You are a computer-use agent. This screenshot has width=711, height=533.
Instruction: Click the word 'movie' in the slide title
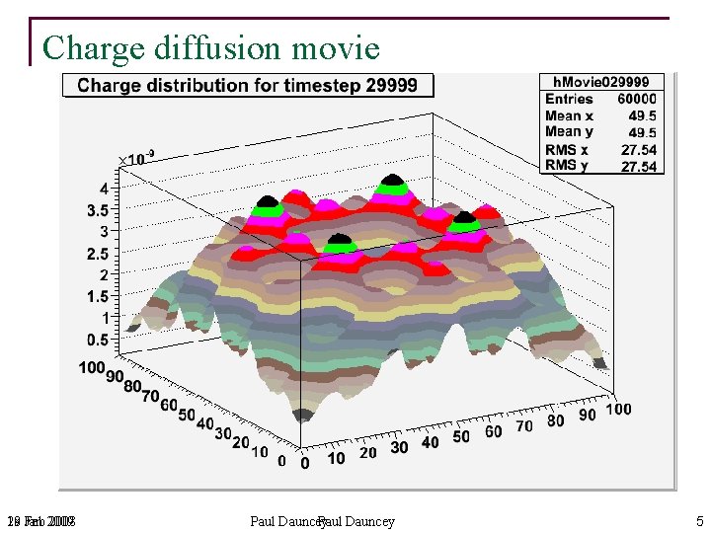click(x=331, y=47)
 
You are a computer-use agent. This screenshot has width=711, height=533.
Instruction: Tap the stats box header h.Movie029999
click(x=600, y=82)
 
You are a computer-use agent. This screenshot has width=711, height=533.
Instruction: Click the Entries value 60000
click(x=637, y=99)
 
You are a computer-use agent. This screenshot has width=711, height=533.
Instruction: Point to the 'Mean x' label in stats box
click(x=569, y=115)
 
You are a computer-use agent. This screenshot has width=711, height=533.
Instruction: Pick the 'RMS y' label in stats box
click(x=567, y=166)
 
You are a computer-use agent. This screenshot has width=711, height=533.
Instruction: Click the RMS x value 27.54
click(x=639, y=150)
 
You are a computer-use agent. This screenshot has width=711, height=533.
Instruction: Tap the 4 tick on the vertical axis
click(x=103, y=188)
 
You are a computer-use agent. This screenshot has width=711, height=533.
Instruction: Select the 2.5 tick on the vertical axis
click(x=98, y=254)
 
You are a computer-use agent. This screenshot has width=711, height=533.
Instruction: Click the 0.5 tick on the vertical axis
click(x=98, y=340)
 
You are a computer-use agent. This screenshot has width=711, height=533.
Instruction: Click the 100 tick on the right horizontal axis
click(x=618, y=410)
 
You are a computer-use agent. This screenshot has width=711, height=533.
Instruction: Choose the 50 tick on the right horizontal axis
click(x=461, y=436)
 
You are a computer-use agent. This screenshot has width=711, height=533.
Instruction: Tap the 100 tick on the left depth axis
click(x=92, y=368)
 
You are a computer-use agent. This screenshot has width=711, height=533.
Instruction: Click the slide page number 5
click(x=699, y=521)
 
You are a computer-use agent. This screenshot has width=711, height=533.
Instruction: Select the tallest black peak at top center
click(x=393, y=182)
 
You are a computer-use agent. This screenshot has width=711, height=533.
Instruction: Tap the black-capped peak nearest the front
click(x=338, y=240)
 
